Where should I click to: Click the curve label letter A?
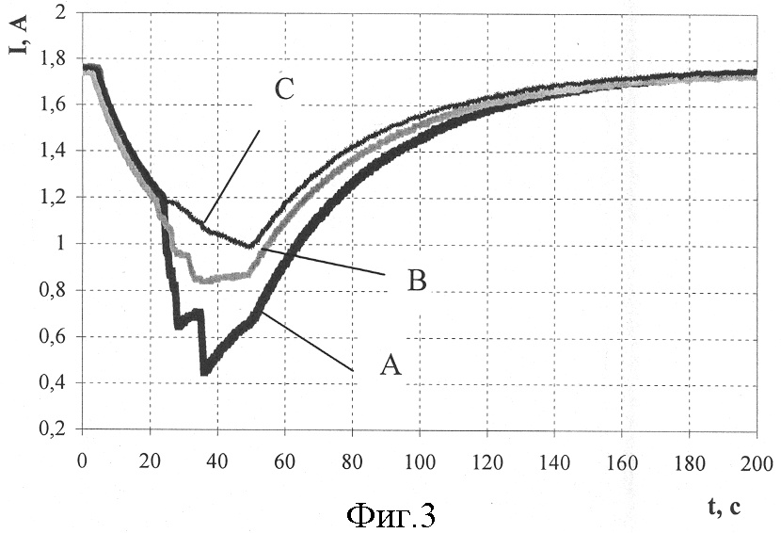coord(391,365)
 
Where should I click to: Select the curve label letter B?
coord(418,281)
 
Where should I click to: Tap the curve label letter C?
coord(285,90)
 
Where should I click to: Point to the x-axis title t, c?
coord(725,507)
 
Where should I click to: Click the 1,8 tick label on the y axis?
coord(54,59)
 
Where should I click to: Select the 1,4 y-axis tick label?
coord(54,152)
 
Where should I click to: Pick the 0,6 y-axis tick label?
coord(54,337)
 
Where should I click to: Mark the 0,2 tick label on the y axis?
coord(54,429)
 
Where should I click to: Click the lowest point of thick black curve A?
coord(204,372)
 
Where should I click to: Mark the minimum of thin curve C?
coord(251,246)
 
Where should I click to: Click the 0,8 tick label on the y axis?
coord(54,291)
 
